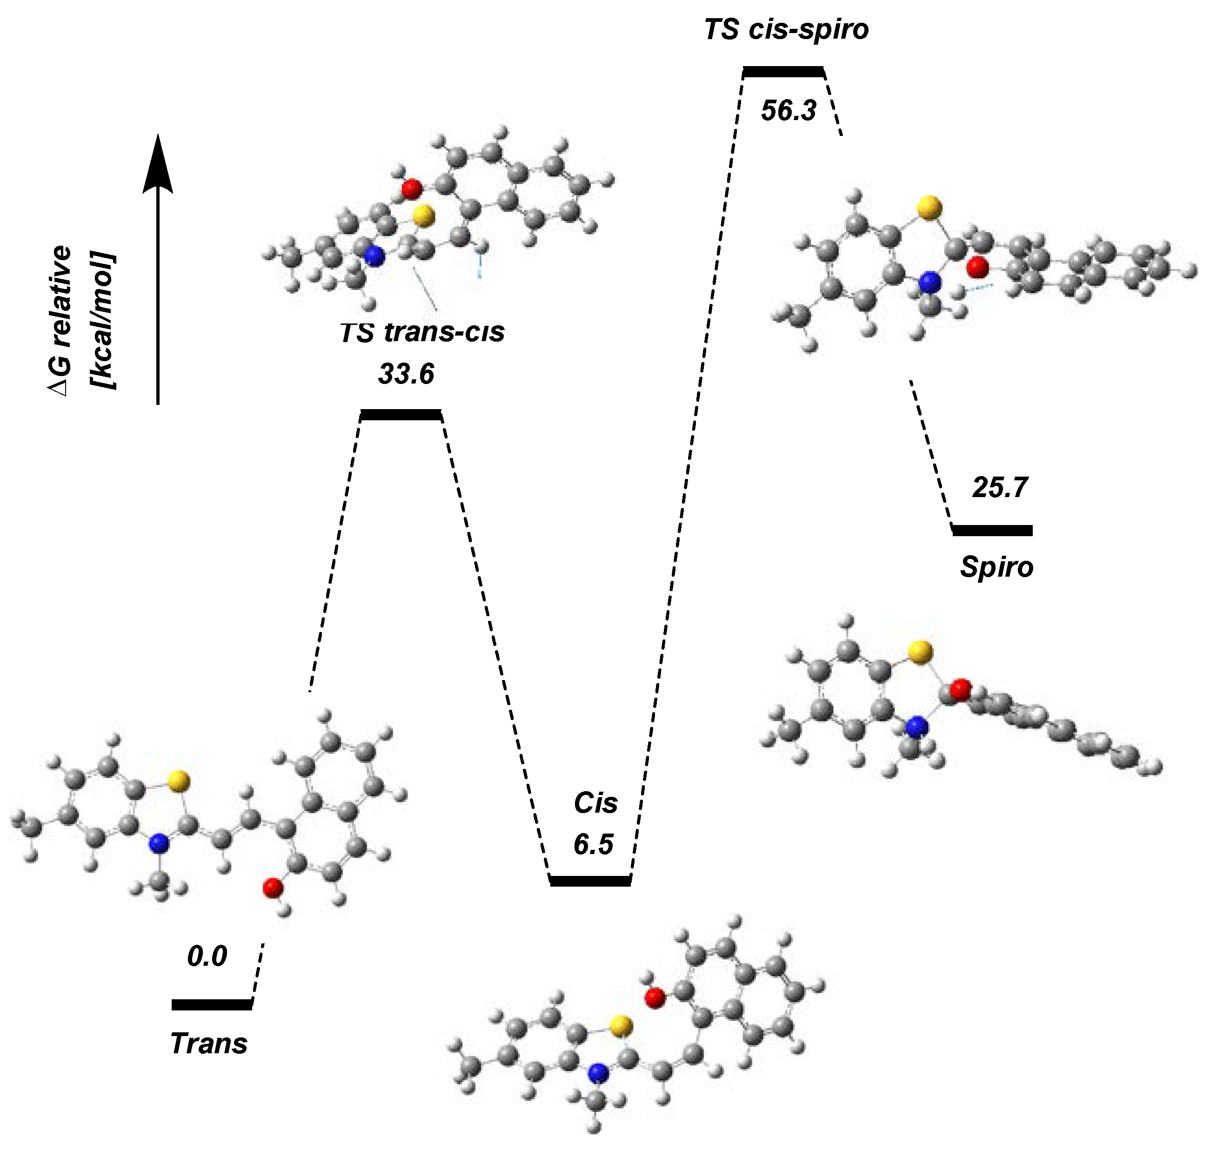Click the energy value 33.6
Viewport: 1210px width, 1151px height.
[x=406, y=374]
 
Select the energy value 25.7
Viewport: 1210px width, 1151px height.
[x=1000, y=487]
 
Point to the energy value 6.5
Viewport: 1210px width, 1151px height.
[x=593, y=844]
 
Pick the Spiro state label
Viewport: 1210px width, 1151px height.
[x=996, y=567]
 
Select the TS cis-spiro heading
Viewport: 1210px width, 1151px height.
[x=786, y=29]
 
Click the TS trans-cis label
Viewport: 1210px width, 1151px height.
[x=422, y=332]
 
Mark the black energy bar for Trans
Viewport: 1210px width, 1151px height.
[x=212, y=1004]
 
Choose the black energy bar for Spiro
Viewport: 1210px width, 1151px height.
[x=992, y=530]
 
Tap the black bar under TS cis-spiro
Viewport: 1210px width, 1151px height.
[x=782, y=72]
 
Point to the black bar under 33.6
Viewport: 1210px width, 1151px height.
[x=401, y=415]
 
